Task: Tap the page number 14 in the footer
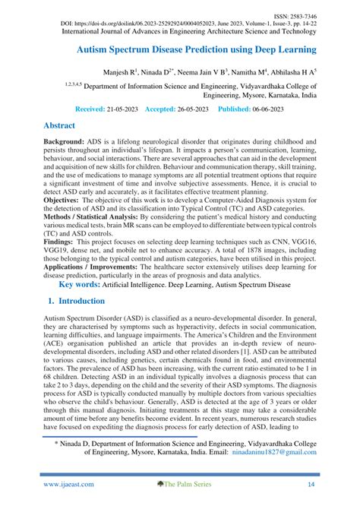point(311,493)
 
